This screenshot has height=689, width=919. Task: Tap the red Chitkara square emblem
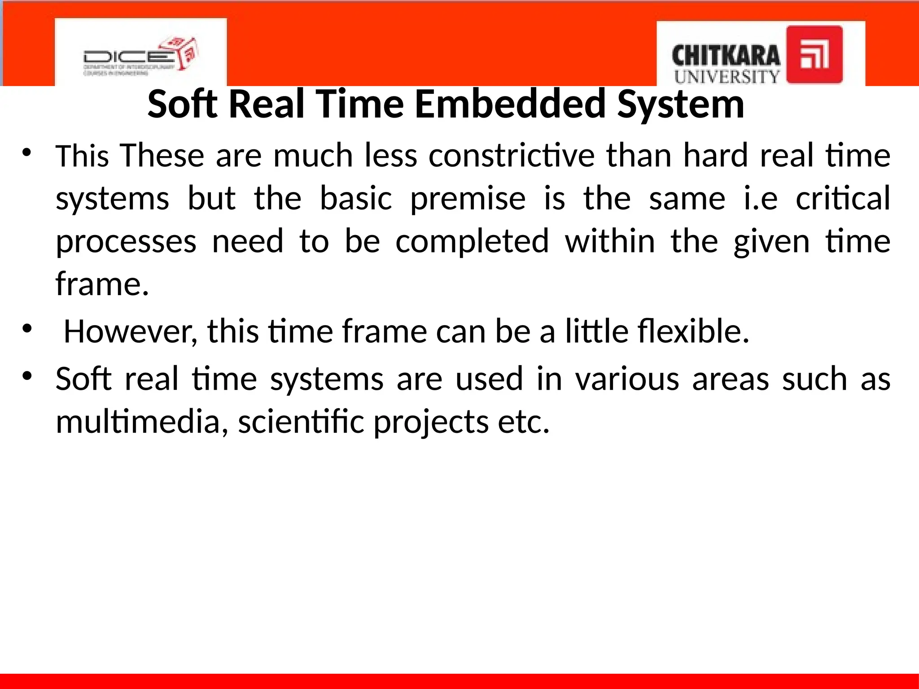coord(814,55)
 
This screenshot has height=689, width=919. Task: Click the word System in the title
coord(681,104)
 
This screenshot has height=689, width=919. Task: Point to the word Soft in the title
coord(183,104)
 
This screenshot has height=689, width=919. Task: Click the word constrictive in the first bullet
coord(512,155)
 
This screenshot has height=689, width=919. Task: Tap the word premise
coord(468,198)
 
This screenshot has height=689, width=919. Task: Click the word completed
coord(472,241)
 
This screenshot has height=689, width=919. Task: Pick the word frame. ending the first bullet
coord(102,284)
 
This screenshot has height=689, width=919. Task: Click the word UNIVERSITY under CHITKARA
coord(727,77)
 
